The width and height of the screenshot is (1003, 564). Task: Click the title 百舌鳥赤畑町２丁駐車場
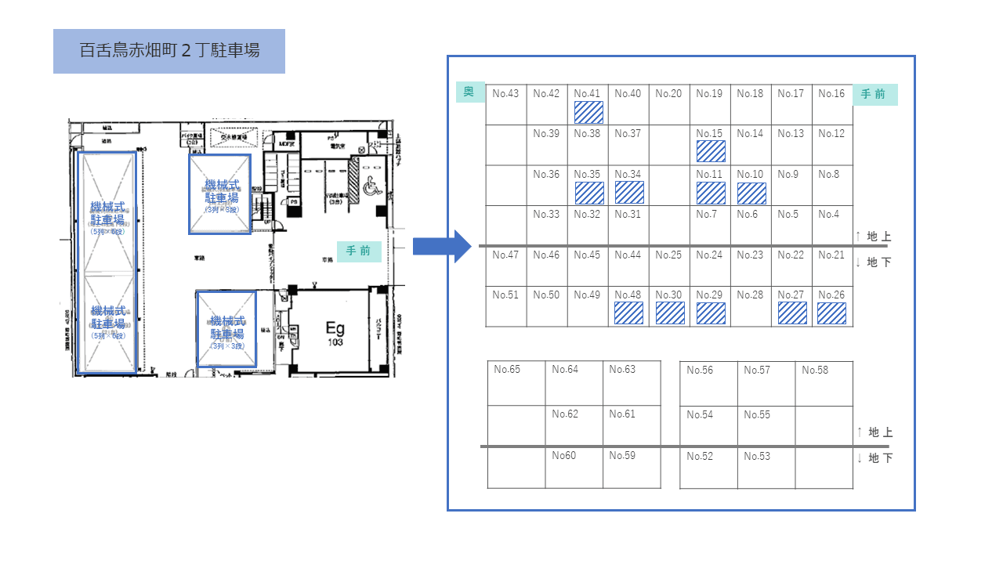coord(169,51)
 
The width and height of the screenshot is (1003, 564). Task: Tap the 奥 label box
coord(469,92)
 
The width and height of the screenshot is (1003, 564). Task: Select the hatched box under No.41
coord(588,112)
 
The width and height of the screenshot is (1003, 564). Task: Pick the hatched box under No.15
coord(711,151)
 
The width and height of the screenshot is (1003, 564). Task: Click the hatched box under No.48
coord(628,313)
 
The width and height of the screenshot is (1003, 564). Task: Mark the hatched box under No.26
coord(831,313)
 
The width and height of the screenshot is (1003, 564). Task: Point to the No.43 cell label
coord(505,94)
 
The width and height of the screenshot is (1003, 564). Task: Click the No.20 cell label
coord(668,94)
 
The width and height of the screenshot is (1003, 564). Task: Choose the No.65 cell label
coord(507,370)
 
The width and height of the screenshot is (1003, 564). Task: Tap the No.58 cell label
coord(815,371)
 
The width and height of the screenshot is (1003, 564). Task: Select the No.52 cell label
coord(700,457)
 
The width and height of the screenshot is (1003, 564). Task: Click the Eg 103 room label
coord(335,334)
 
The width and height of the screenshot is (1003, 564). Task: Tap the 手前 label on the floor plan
coord(359,251)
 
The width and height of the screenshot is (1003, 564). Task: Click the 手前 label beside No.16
coord(874,94)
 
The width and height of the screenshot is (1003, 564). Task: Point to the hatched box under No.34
coord(629,193)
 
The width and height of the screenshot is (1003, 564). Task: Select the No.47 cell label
coord(505,255)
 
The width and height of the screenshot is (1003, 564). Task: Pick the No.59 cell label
coord(622,455)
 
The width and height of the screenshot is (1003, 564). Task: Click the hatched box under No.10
coord(751,193)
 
